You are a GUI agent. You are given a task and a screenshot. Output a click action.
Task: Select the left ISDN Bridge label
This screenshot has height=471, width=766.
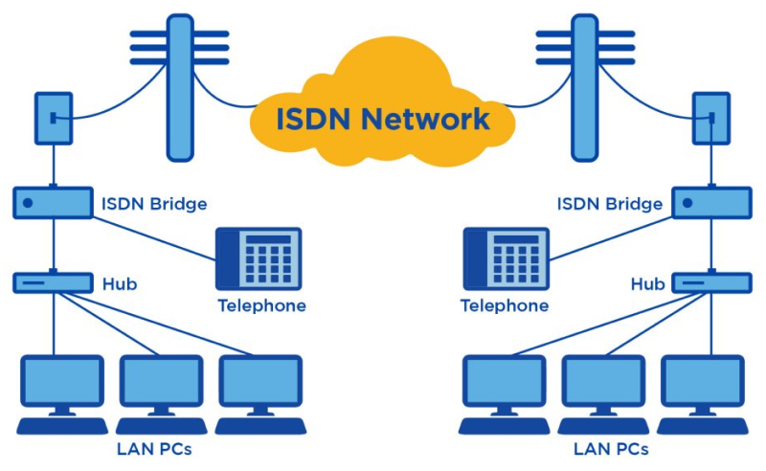(x=154, y=204)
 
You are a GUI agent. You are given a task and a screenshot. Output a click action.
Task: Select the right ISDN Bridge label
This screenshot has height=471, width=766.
(x=611, y=204)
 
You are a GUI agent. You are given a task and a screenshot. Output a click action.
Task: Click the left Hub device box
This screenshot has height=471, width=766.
(x=53, y=283)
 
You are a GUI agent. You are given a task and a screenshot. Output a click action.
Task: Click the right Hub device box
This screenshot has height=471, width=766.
(x=712, y=283)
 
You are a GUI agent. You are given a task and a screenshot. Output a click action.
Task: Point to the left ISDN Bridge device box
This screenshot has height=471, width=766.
(x=53, y=203)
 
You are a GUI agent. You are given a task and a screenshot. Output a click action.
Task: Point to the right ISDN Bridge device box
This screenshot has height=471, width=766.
(x=712, y=203)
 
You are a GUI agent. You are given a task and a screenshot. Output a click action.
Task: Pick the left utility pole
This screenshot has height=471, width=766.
(x=179, y=86)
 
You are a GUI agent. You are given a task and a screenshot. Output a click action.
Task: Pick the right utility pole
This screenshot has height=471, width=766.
(x=585, y=86)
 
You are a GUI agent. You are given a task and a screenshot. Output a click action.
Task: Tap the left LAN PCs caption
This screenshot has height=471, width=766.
(x=161, y=448)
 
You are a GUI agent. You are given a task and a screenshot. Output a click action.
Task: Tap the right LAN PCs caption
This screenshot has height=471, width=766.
(x=610, y=448)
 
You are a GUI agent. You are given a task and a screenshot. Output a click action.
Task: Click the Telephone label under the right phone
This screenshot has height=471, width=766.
(x=505, y=306)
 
